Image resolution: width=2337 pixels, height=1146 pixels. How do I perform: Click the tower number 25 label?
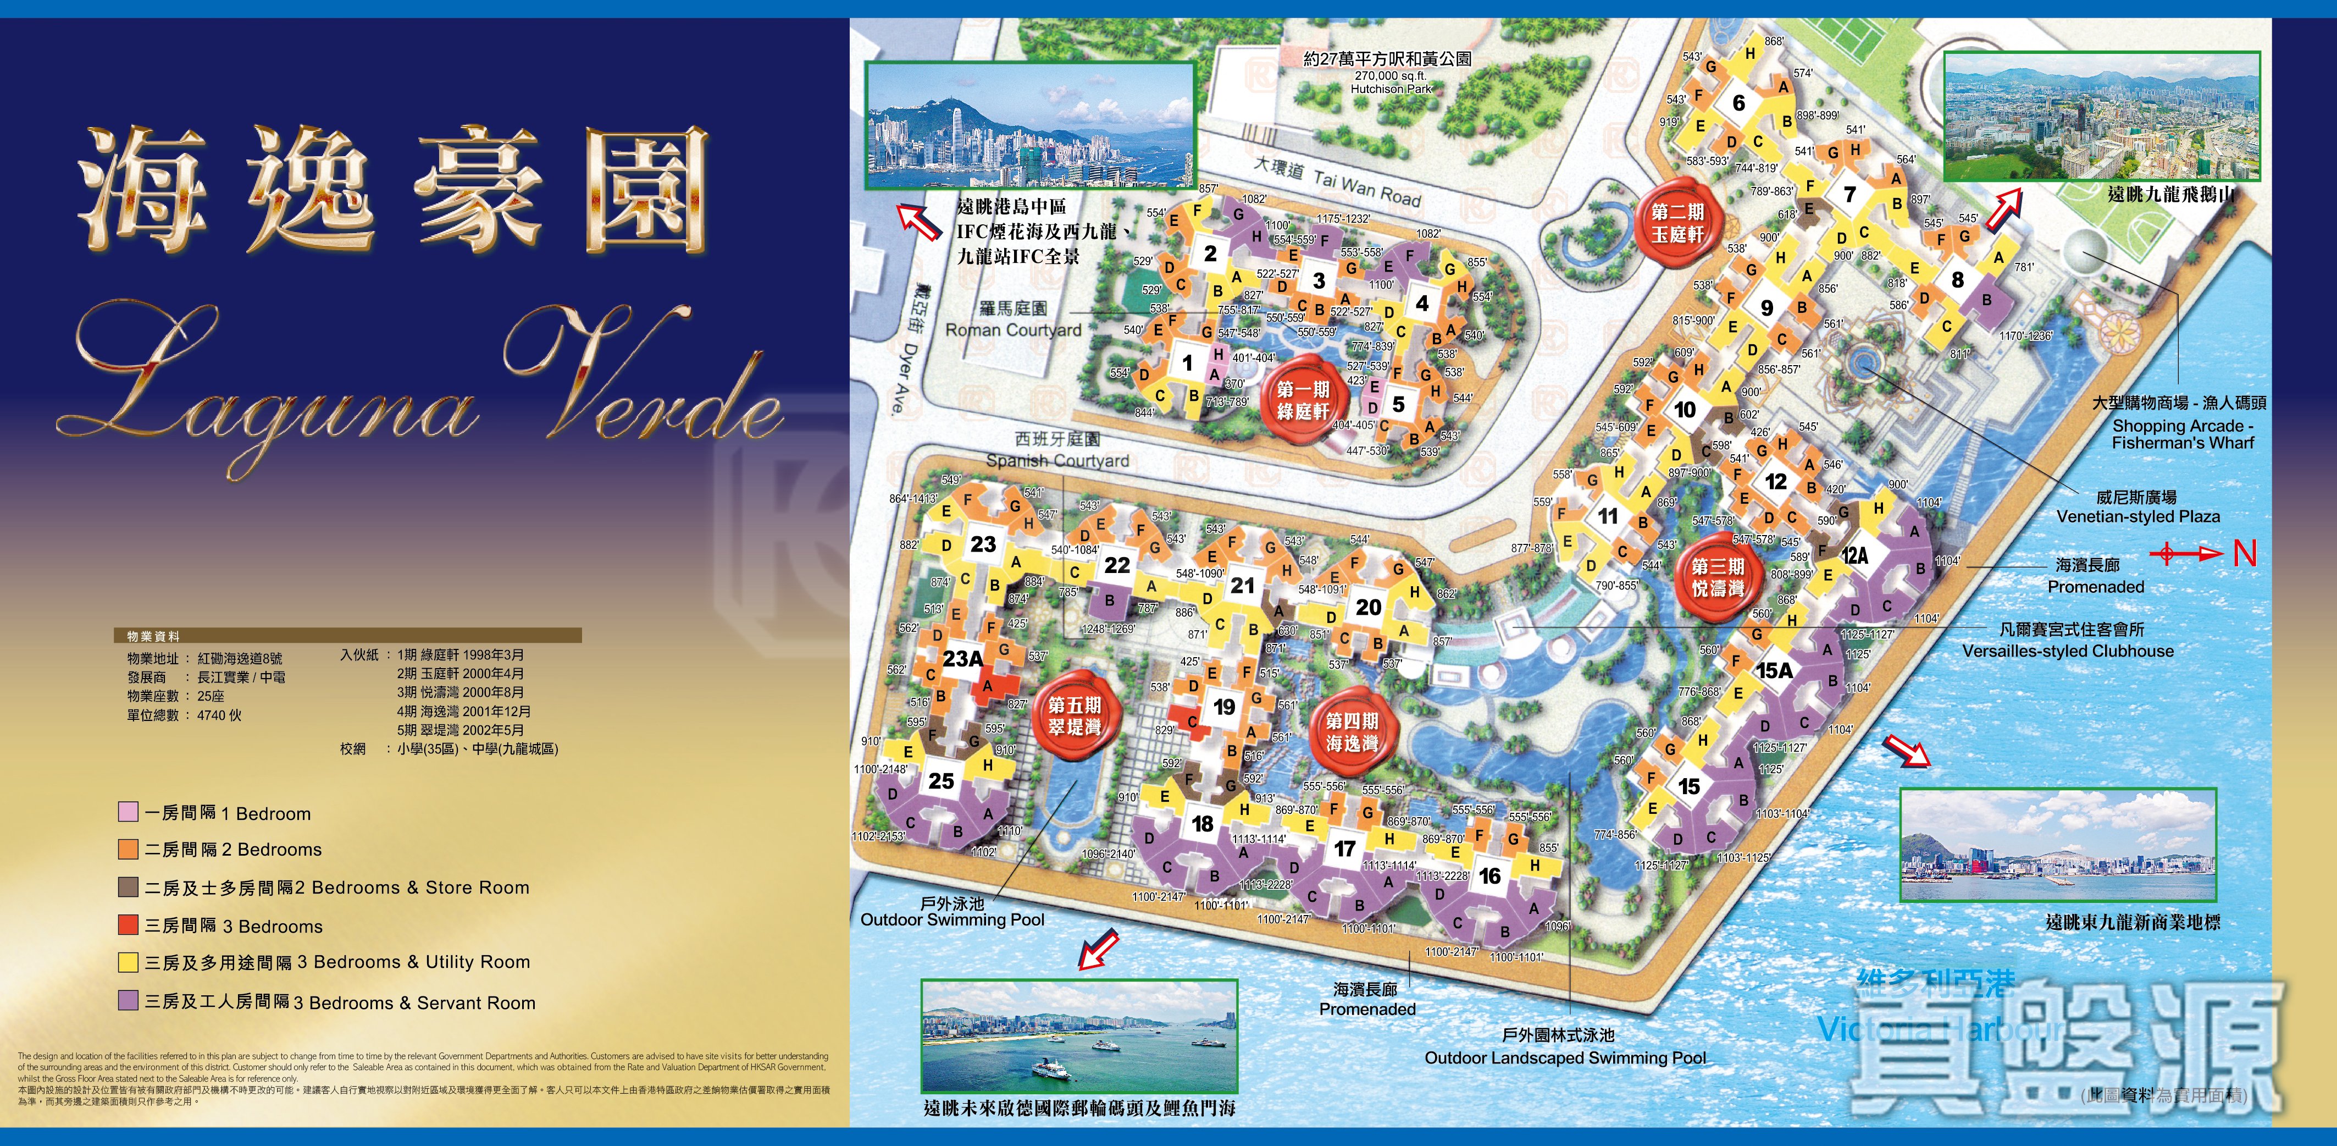(941, 780)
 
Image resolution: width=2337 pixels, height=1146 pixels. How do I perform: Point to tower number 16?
(1489, 875)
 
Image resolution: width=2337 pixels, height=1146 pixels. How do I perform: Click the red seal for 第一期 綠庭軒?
(1303, 401)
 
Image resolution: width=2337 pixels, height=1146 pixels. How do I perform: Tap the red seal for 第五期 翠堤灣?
(1074, 716)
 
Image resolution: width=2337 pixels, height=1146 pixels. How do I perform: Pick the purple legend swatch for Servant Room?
(128, 1000)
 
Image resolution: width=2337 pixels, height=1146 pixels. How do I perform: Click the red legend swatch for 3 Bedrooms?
(128, 924)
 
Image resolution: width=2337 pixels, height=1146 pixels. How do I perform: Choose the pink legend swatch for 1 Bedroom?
(128, 811)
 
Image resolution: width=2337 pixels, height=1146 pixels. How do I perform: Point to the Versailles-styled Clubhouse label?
(2068, 651)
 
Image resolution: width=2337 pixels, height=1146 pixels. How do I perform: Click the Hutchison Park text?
(1390, 89)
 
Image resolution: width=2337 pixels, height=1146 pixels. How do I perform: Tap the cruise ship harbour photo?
(1079, 1036)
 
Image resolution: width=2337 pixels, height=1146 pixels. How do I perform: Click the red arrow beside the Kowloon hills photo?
(2004, 209)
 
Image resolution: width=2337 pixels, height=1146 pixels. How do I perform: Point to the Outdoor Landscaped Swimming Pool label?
(1564, 1057)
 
